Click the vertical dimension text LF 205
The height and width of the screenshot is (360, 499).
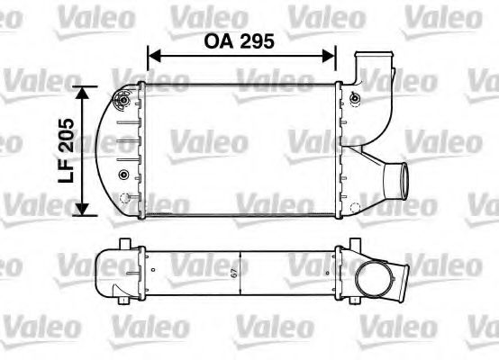(x=64, y=150)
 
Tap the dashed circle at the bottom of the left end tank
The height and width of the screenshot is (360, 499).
(x=133, y=195)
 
